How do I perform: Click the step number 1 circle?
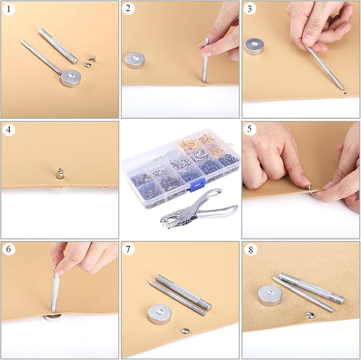9,9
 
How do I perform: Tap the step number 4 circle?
9,130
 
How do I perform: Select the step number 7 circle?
128,249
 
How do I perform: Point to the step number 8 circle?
251,250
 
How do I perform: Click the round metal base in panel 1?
71,78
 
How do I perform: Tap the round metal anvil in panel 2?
135,60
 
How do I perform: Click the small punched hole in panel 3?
345,93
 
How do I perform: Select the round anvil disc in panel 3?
254,46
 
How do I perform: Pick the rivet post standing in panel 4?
60,174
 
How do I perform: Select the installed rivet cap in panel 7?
185,331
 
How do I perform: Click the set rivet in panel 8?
310,315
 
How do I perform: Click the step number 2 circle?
128,9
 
